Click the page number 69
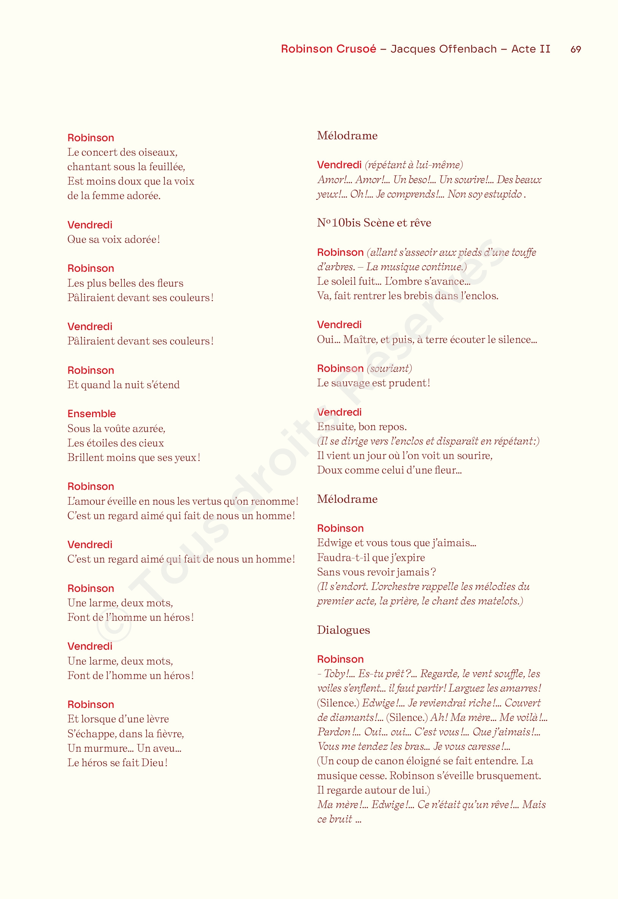[575, 49]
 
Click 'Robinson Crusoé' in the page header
[328, 49]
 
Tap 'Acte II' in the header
[530, 49]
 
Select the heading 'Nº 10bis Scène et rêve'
[374, 223]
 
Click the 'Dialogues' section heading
[343, 630]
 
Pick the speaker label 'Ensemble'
[91, 413]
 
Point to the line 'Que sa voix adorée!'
[113, 239]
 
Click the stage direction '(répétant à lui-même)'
[414, 165]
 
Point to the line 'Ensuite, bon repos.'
[362, 427]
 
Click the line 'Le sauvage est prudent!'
[373, 383]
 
